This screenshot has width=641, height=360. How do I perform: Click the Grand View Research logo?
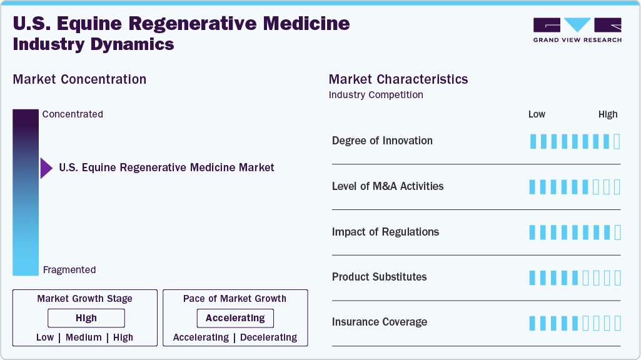(x=577, y=30)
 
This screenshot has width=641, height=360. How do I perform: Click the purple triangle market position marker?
(x=46, y=168)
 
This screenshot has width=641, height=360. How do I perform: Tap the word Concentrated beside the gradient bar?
(x=73, y=114)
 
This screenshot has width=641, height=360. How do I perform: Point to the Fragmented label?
(x=69, y=270)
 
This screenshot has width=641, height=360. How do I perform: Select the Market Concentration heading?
(x=79, y=79)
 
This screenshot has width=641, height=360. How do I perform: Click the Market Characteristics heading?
(x=398, y=79)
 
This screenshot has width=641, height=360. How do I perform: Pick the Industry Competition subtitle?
(x=376, y=95)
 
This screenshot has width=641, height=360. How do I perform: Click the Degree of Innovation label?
(x=382, y=141)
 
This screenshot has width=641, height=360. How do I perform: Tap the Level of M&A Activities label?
(x=388, y=186)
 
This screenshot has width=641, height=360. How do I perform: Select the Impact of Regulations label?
(x=385, y=232)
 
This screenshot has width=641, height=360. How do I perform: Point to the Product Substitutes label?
(x=379, y=277)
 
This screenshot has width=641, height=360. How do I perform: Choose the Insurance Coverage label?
(x=380, y=322)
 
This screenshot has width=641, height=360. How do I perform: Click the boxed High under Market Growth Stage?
(x=86, y=318)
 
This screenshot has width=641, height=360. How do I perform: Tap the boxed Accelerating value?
(x=235, y=318)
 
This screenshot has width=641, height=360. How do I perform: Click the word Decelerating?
(x=268, y=337)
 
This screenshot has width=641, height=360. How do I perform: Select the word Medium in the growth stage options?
(x=83, y=337)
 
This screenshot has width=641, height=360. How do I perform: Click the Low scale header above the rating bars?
(x=537, y=114)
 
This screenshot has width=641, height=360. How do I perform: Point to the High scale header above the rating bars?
(x=608, y=114)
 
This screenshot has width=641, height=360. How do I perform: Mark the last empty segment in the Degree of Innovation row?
(x=617, y=141)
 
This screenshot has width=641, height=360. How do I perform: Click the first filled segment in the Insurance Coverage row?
(x=532, y=323)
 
